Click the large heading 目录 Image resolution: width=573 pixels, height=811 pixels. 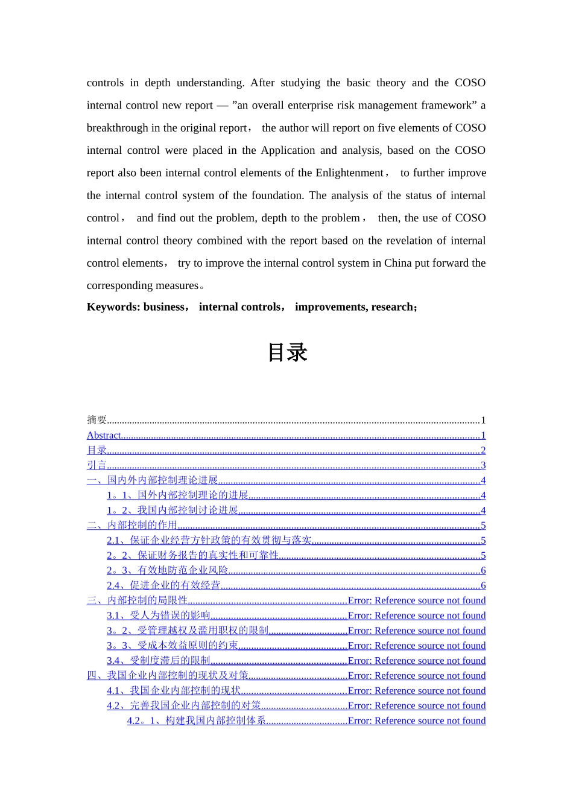(287, 352)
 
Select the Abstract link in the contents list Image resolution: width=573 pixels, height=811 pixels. (104, 436)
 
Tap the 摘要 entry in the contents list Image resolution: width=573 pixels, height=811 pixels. (97, 421)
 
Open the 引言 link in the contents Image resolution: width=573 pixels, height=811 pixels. (97, 465)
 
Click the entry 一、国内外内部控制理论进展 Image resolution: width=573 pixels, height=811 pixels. (152, 480)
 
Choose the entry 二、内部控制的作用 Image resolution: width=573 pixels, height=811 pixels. (132, 526)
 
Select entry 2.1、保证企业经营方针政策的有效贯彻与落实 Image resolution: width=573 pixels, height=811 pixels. (209, 541)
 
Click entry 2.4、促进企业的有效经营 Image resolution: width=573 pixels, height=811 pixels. (163, 585)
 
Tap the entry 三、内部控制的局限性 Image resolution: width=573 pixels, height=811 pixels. (137, 600)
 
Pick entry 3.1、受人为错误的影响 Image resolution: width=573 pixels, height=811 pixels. (158, 615)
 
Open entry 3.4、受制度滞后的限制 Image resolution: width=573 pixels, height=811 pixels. (158, 661)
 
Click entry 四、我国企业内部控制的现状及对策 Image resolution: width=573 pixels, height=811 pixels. (168, 676)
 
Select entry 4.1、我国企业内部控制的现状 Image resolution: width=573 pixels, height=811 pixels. (174, 691)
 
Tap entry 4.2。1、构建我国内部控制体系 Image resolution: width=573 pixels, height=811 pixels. (197, 720)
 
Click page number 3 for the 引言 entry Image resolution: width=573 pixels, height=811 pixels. (483, 465)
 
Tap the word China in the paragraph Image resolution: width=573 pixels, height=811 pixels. (398, 263)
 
